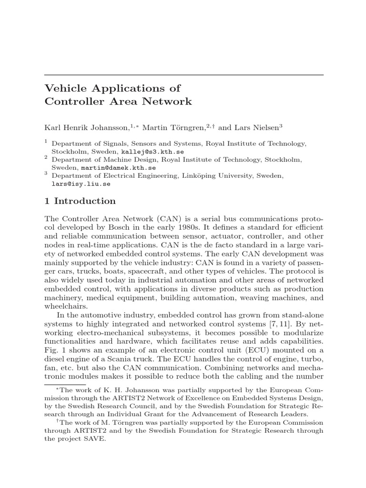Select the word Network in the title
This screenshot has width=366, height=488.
coord(169,102)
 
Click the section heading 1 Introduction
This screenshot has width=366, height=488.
coord(80,201)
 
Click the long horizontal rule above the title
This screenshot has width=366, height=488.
coord(184,75)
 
